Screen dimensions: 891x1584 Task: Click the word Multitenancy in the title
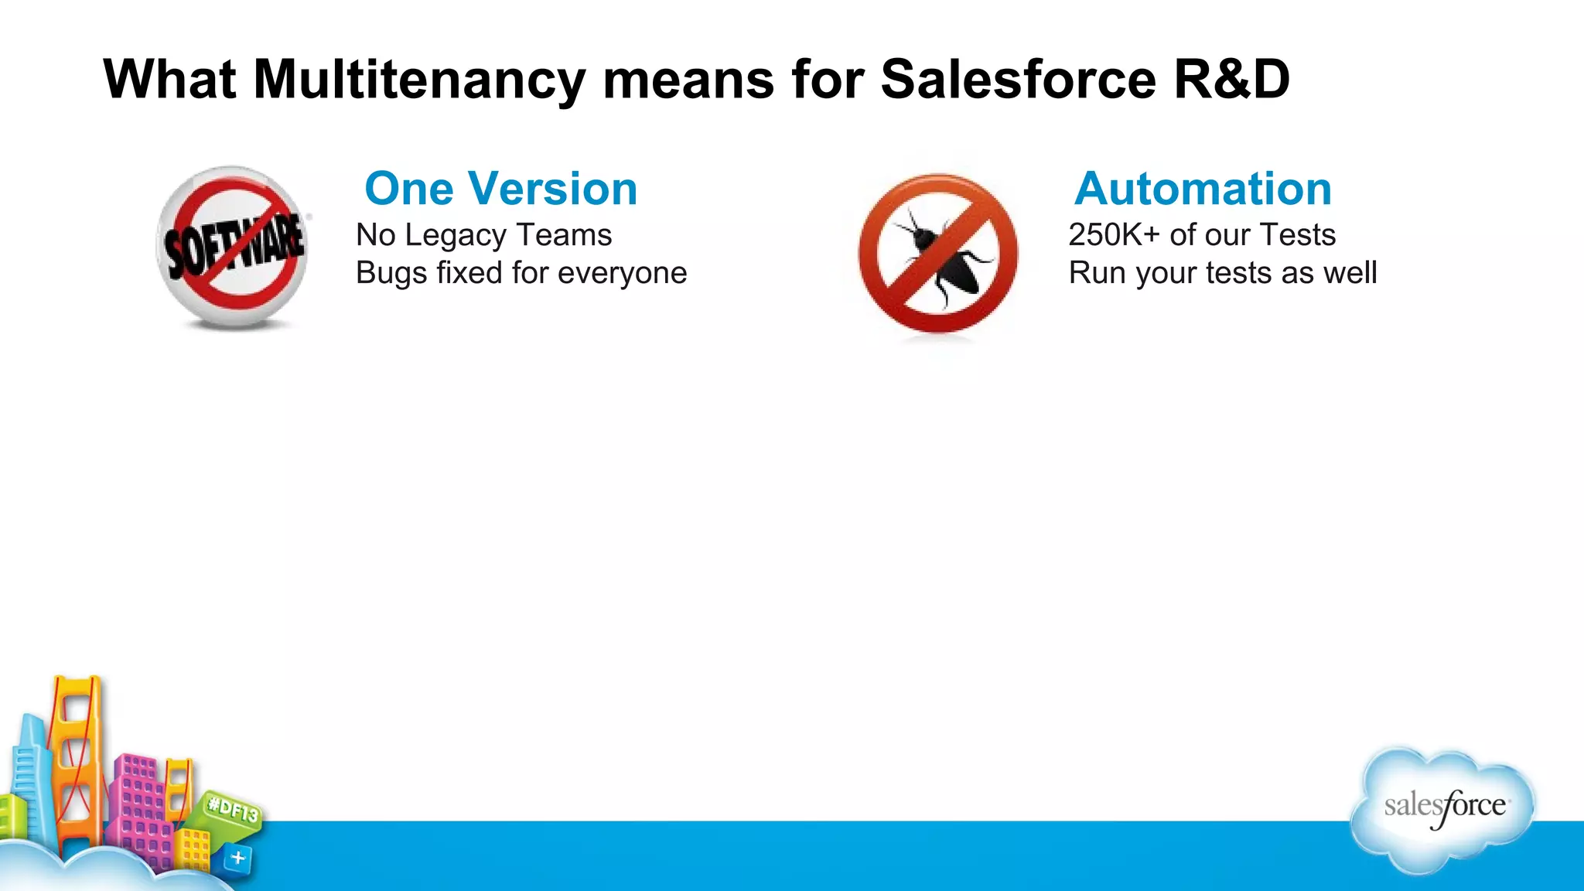[419, 80]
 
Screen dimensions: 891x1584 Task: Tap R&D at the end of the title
[1231, 79]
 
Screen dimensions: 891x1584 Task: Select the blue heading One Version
[500, 189]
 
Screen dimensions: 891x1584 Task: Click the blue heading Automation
[1203, 189]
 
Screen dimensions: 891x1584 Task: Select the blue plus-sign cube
[237, 858]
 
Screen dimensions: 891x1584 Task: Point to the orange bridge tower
[76, 758]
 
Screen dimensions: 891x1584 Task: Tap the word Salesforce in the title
[1017, 79]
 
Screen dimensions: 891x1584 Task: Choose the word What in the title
[169, 79]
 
